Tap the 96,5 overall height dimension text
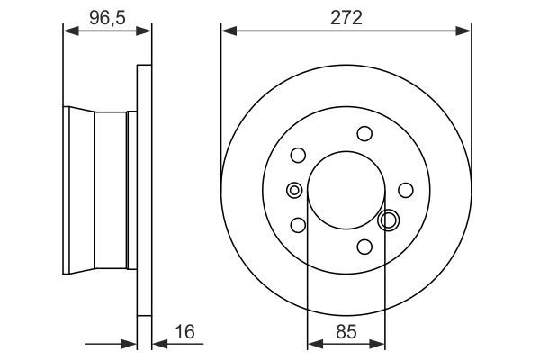pyautogui.click(x=106, y=17)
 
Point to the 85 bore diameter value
pyautogui.click(x=346, y=331)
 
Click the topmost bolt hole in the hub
pyautogui.click(x=364, y=134)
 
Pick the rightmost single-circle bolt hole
pyautogui.click(x=406, y=189)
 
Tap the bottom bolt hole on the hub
pyautogui.click(x=364, y=246)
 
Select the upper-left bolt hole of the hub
pyautogui.click(x=299, y=156)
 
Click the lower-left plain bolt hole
pyautogui.click(x=299, y=224)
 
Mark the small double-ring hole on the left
pyautogui.click(x=293, y=190)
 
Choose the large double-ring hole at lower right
pyautogui.click(x=389, y=219)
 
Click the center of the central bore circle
pyautogui.click(x=346, y=189)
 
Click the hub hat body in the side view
pyautogui.click(x=99, y=190)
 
